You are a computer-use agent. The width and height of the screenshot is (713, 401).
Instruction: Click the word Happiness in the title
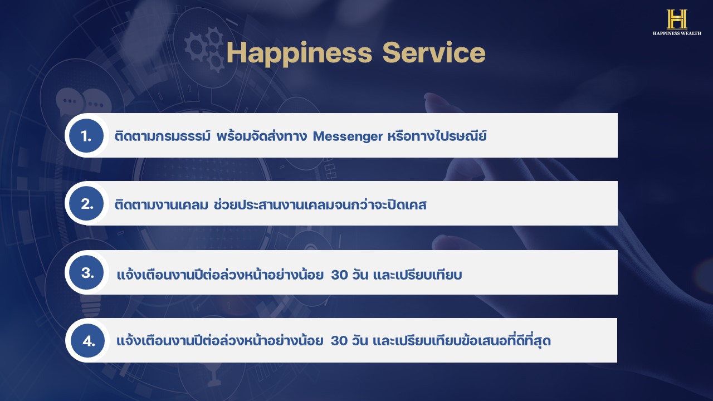[299, 53]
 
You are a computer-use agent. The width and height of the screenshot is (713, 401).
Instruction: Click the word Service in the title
[434, 52]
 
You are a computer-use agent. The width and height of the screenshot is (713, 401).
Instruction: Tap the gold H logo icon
[677, 19]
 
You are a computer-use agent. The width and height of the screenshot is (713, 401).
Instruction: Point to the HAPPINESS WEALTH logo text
[677, 33]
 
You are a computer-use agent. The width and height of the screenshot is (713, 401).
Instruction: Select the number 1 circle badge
[86, 135]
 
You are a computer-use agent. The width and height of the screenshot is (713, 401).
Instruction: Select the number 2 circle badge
[86, 204]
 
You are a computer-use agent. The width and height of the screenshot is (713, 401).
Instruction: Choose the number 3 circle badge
[86, 272]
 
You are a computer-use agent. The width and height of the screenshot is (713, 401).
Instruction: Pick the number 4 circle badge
[87, 340]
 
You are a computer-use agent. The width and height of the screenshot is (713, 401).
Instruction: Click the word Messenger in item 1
[348, 137]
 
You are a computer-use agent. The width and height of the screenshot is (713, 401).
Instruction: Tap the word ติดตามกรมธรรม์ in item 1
[163, 136]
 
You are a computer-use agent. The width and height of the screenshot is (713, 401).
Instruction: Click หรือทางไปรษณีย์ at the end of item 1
[437, 136]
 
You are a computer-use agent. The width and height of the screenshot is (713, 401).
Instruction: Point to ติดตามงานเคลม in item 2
[162, 204]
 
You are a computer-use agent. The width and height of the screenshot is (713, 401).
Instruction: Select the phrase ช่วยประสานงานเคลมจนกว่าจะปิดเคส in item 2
[320, 204]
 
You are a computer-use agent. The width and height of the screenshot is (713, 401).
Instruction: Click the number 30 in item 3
[339, 275]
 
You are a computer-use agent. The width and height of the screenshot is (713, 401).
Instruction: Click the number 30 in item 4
[339, 341]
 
